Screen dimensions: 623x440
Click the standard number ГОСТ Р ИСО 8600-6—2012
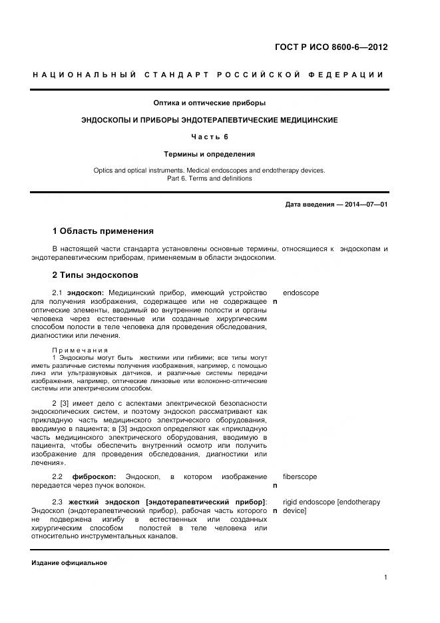tap(331, 47)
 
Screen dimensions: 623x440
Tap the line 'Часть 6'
tap(210, 137)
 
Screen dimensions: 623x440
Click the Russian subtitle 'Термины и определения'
tap(210, 154)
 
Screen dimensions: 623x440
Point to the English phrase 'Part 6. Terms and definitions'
tap(210, 179)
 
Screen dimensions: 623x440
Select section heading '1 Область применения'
tap(103, 231)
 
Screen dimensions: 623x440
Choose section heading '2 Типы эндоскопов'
tap(95, 275)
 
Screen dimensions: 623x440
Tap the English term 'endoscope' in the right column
tap(300, 293)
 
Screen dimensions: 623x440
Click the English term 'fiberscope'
tap(300, 477)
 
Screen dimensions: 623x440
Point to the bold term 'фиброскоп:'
tap(94, 477)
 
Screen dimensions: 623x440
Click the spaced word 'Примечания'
tap(80, 350)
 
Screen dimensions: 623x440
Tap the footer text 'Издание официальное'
tap(69, 563)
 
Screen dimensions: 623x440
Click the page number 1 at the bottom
tap(385, 578)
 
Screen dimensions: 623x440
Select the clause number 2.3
tap(57, 502)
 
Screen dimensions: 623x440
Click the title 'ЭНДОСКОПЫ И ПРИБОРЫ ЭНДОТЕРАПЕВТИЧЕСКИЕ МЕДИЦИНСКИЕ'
tap(210, 120)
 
